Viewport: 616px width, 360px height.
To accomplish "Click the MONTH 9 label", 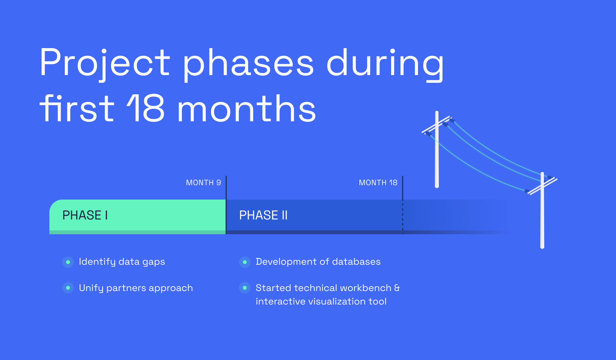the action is point(203,183).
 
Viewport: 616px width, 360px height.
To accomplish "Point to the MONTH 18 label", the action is point(378,183).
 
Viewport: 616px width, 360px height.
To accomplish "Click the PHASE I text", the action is point(85,215).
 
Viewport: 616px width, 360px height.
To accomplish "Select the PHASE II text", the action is point(263,215).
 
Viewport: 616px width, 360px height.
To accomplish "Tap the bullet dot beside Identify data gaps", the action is point(68,262).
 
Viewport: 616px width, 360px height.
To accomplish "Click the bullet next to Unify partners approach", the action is point(68,288).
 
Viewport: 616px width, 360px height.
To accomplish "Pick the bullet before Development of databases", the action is point(245,262).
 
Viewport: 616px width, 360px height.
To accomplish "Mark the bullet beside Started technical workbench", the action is point(245,288).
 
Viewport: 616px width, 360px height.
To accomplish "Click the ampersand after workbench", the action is point(397,288).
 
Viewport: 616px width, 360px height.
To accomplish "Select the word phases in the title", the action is point(248,64).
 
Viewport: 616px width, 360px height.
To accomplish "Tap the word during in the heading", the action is point(385,64).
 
